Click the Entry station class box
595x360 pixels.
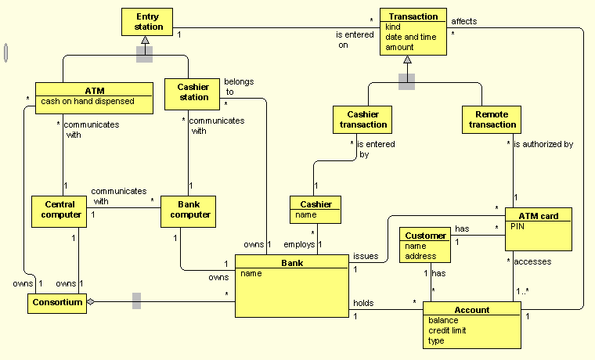click(146, 22)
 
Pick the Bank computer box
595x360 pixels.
click(188, 210)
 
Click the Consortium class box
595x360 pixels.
click(56, 303)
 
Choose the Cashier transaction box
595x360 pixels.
click(362, 119)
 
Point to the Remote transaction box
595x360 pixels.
click(492, 119)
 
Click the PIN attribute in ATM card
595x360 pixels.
click(517, 226)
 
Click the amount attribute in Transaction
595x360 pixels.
click(399, 47)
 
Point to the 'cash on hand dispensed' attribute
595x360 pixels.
click(88, 101)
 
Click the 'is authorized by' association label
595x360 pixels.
click(543, 144)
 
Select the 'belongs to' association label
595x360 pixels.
click(239, 86)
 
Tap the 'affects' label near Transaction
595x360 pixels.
click(464, 21)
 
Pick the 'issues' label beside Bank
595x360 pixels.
click(366, 256)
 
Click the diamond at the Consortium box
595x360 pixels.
click(90, 301)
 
